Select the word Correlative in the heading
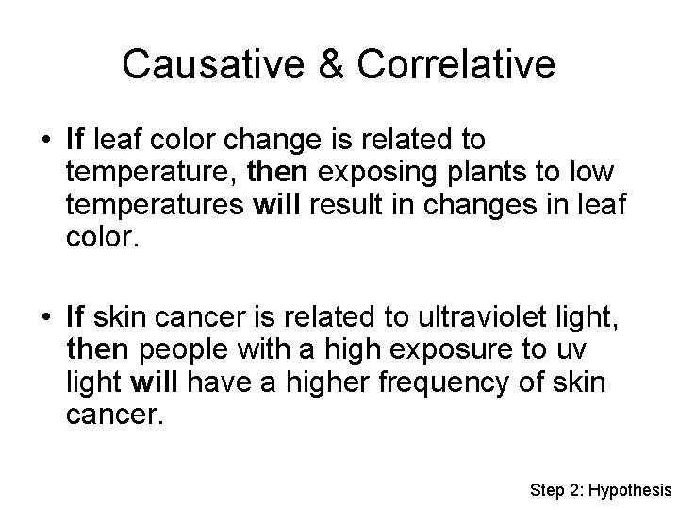453,64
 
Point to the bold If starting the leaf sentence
76,141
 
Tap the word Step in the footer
546,490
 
